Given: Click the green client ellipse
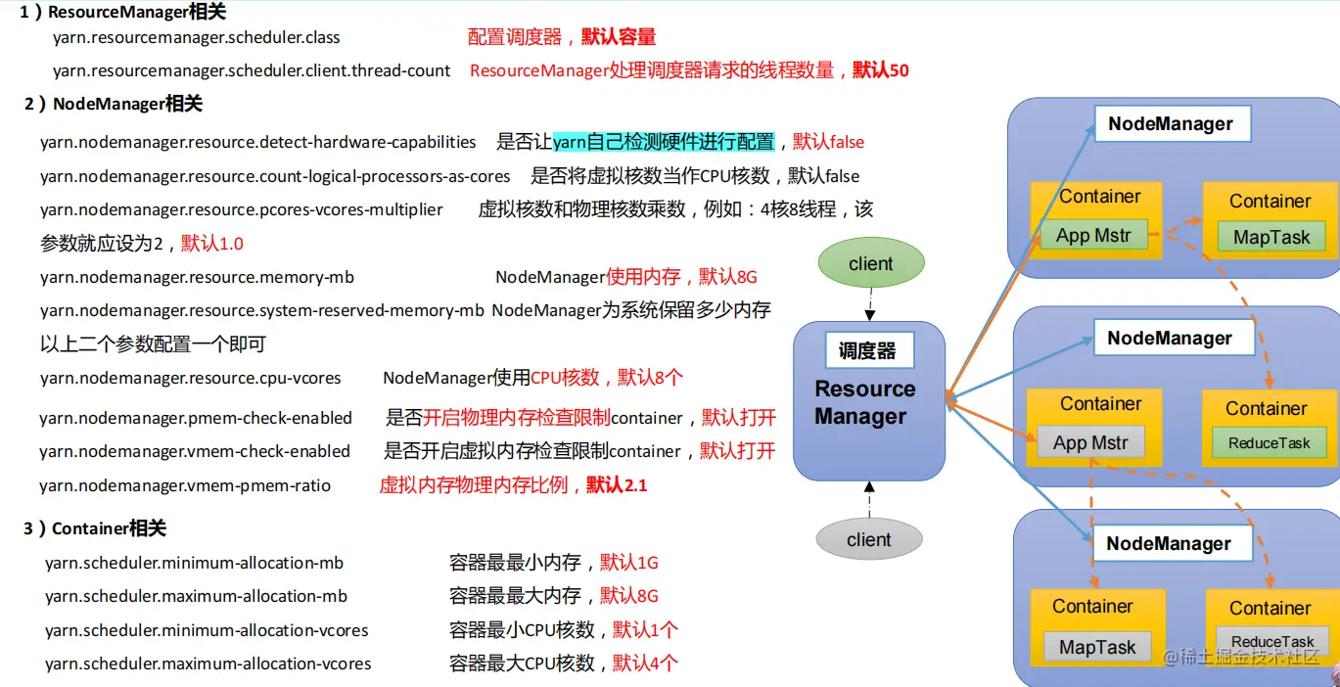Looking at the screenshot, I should click(870, 263).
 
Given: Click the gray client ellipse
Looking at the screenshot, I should click(868, 539).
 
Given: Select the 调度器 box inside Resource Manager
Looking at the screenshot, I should click(867, 349).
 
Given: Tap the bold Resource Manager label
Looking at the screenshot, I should click(865, 402).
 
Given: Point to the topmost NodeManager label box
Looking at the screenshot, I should click(1170, 124).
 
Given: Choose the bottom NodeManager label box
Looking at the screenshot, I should click(1168, 543).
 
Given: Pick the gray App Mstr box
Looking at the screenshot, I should click(1090, 443).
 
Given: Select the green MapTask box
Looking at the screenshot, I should click(1271, 237).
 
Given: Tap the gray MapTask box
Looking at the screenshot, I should click(1097, 647).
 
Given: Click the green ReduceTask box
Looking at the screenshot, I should click(1269, 443).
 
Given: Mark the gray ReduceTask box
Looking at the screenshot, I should click(1272, 642).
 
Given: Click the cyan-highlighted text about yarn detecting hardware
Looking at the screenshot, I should click(664, 142).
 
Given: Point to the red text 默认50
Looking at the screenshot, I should click(881, 70).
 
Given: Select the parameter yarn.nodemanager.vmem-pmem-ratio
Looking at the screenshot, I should click(185, 485).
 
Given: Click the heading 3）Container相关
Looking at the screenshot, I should click(95, 528).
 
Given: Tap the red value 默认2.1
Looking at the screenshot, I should click(617, 485).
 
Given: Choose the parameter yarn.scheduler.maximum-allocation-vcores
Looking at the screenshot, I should click(208, 664).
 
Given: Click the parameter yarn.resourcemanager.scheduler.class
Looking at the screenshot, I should click(196, 38).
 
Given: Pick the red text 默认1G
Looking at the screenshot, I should click(629, 563).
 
